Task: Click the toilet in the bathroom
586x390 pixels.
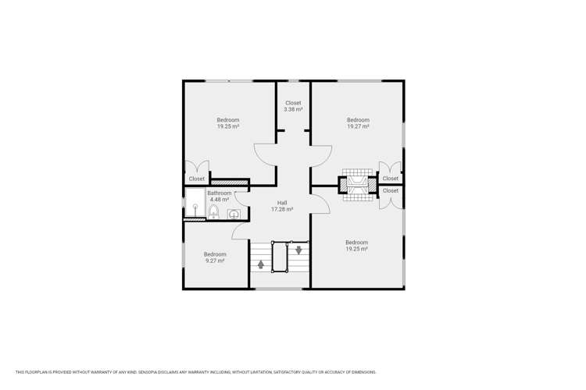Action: click(x=213, y=211)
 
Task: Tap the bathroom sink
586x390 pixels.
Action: click(x=233, y=214)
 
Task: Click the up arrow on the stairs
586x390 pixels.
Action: click(x=261, y=264)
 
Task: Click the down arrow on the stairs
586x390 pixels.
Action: click(x=298, y=250)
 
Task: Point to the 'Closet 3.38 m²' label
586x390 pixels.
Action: click(x=293, y=106)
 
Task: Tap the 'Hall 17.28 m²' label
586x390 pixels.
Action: click(x=281, y=206)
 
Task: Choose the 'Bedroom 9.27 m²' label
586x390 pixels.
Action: click(x=215, y=257)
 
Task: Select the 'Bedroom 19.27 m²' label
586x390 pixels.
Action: click(x=358, y=122)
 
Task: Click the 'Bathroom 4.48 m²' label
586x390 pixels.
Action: click(x=219, y=196)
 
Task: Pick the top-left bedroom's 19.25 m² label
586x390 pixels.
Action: click(x=228, y=123)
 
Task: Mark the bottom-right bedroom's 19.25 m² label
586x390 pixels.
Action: click(x=356, y=246)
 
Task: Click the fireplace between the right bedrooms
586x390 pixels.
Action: click(x=358, y=185)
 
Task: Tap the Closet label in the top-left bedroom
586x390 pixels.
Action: click(x=196, y=179)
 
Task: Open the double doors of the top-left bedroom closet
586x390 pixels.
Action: click(x=196, y=166)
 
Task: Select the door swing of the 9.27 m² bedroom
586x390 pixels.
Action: click(x=241, y=232)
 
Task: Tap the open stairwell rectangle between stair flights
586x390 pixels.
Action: click(x=280, y=257)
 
